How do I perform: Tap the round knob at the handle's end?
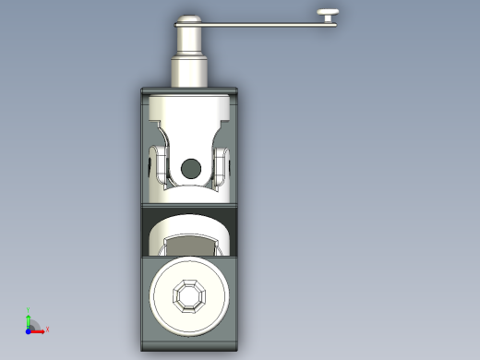330,13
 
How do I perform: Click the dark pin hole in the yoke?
190,168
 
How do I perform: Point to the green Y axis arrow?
30,317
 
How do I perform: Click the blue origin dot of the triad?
30,329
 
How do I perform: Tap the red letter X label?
47,329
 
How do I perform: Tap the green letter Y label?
30,309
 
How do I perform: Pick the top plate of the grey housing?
190,90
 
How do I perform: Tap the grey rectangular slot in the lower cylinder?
189,245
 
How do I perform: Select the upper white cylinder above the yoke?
190,115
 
